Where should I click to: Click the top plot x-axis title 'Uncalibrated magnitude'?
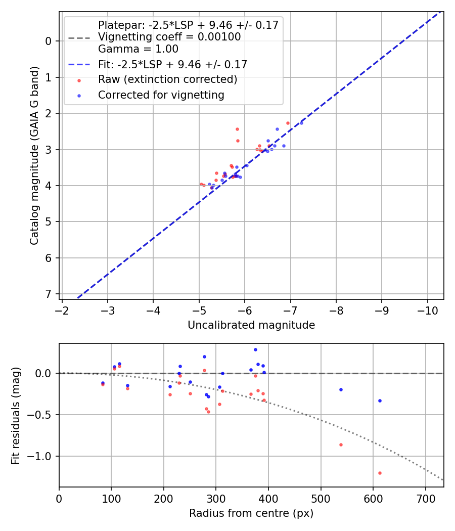click(x=251, y=325)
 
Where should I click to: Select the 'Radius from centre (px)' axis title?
click(x=251, y=513)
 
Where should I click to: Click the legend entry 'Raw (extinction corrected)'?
click(x=167, y=79)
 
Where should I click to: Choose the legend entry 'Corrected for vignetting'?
click(x=161, y=95)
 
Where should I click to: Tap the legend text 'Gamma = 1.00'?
click(x=138, y=50)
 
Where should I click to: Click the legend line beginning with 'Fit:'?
click(x=172, y=65)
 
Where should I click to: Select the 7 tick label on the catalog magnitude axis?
click(x=49, y=294)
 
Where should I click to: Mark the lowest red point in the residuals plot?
click(x=380, y=473)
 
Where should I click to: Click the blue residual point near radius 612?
click(x=380, y=401)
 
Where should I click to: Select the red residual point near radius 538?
click(x=341, y=445)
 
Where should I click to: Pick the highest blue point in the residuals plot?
click(x=255, y=349)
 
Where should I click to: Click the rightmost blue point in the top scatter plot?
click(x=301, y=123)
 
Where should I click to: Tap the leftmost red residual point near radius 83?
click(x=103, y=384)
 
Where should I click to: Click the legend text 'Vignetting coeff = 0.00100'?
click(x=169, y=37)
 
